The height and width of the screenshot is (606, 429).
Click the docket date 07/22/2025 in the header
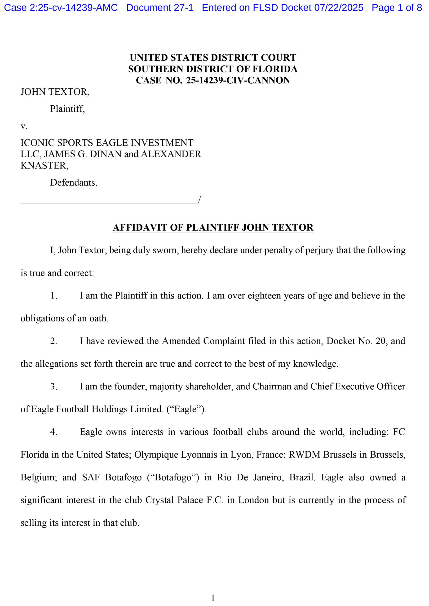coord(339,8)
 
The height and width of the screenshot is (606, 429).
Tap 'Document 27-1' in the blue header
coord(160,8)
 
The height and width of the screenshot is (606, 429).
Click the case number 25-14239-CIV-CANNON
coord(238,80)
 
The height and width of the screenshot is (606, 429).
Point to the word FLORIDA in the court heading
coord(275,69)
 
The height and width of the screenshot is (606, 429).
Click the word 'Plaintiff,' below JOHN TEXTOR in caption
coord(67,109)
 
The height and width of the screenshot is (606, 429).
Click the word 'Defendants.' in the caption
coord(74,182)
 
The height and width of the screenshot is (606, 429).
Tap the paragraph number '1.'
coord(54,295)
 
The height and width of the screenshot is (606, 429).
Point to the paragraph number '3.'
coord(54,386)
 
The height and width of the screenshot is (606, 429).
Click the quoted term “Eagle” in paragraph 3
coord(186,409)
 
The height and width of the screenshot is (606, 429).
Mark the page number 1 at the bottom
coord(213,598)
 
